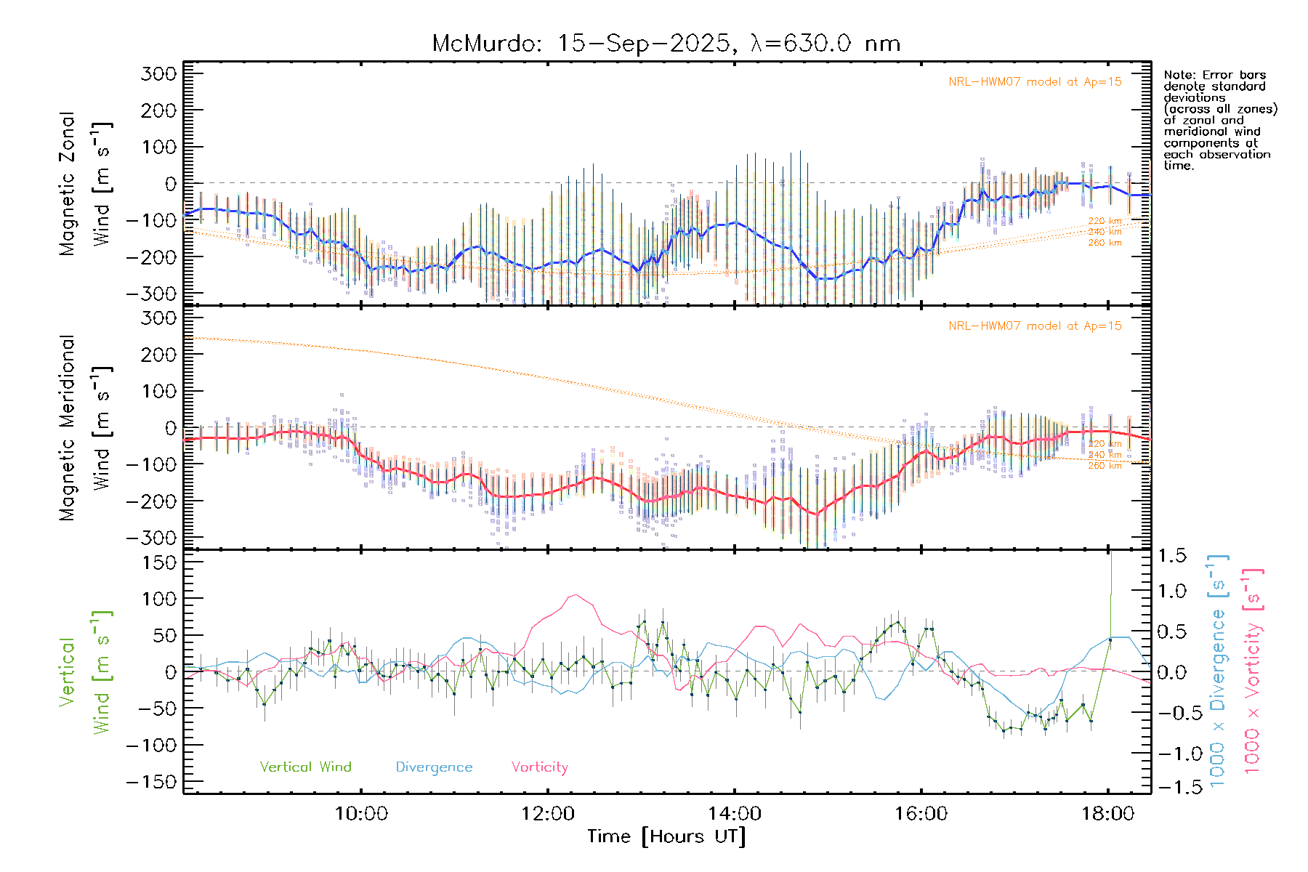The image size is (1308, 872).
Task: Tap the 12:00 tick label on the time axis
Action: tap(547, 813)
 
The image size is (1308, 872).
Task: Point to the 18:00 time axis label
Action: tap(1107, 813)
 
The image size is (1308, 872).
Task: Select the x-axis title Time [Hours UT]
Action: tap(666, 836)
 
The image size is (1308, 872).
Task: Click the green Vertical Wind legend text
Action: tap(305, 767)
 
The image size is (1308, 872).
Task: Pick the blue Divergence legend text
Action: tap(434, 767)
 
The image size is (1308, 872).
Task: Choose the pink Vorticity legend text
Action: tap(539, 767)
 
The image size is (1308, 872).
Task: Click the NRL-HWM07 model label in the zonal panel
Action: tap(1035, 82)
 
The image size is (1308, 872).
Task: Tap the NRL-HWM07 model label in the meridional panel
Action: tap(1035, 326)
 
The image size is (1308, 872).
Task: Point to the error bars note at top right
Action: tap(1220, 120)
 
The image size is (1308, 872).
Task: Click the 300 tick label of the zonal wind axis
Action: tap(158, 73)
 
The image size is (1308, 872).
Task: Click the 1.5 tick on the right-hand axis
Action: tap(1171, 556)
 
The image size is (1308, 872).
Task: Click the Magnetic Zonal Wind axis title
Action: tap(85, 183)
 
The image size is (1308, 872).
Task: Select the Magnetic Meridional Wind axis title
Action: tap(85, 429)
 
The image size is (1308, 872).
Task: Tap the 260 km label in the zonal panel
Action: tap(1105, 243)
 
